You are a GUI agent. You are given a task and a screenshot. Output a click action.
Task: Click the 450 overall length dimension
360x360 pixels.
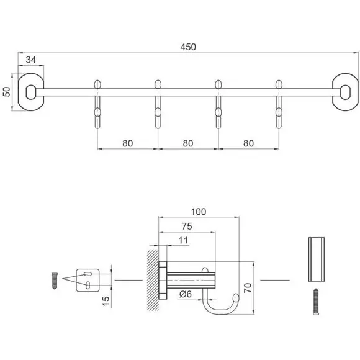pyautogui.click(x=188, y=47)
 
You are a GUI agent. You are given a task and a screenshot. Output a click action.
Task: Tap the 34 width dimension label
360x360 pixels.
pyautogui.click(x=31, y=60)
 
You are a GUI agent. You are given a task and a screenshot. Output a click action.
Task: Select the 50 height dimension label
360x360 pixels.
pyautogui.click(x=7, y=92)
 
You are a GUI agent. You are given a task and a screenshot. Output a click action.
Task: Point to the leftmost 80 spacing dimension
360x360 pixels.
pyautogui.click(x=127, y=143)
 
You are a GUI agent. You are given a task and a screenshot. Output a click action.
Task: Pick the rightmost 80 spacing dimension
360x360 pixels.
pyautogui.click(x=248, y=143)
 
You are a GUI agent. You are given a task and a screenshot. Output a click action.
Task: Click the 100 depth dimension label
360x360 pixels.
pyautogui.click(x=199, y=212)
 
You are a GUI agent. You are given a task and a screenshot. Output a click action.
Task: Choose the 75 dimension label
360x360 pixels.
pyautogui.click(x=187, y=227)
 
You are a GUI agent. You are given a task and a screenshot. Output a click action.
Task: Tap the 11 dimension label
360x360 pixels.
pyautogui.click(x=183, y=240)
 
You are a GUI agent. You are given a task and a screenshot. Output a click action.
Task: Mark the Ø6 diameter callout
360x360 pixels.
pyautogui.click(x=186, y=294)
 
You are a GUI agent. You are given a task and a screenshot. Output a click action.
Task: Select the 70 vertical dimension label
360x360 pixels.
pyautogui.click(x=248, y=287)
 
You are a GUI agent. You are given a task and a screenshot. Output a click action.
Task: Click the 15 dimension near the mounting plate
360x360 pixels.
pyautogui.click(x=106, y=301)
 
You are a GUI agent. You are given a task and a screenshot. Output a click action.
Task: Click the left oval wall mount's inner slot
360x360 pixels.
pyautogui.click(x=31, y=92)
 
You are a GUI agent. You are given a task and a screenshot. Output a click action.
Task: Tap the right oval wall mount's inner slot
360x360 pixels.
pyautogui.click(x=345, y=92)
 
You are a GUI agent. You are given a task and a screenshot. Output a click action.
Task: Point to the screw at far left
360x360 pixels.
pyautogui.click(x=55, y=281)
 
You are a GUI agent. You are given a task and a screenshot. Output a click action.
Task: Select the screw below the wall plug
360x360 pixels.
pyautogui.click(x=316, y=302)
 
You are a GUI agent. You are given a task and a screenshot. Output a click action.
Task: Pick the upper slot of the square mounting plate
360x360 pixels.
pyautogui.click(x=88, y=274)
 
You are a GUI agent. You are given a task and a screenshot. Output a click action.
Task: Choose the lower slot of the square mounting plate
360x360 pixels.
pyautogui.click(x=88, y=285)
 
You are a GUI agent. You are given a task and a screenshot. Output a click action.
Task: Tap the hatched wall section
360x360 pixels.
pyautogui.click(x=153, y=281)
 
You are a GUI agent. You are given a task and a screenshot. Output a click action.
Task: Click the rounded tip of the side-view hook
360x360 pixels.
pyautogui.click(x=236, y=298)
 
